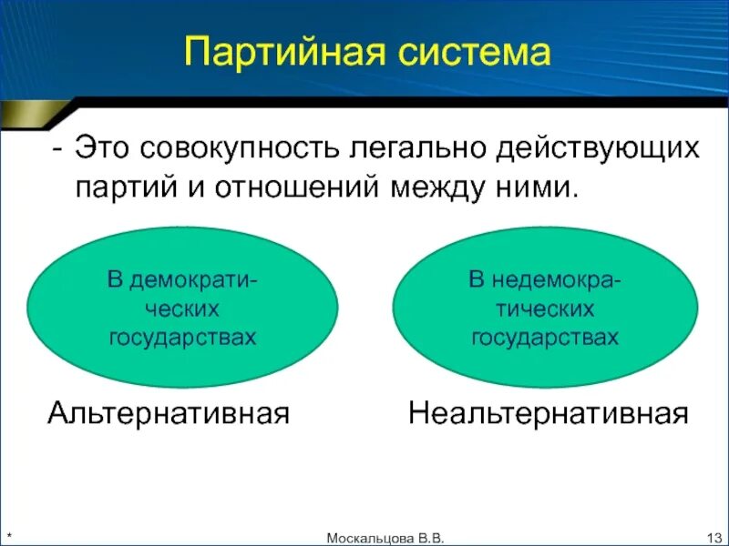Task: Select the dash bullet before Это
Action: click(57, 148)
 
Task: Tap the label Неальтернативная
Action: click(547, 414)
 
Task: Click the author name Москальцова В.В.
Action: click(386, 538)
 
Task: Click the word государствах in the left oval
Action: click(182, 338)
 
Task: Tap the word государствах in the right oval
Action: click(545, 338)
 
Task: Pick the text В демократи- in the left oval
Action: click(182, 279)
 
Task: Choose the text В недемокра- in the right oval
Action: click(545, 279)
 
